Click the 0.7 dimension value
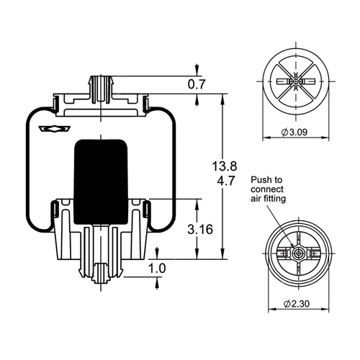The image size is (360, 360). (197, 84)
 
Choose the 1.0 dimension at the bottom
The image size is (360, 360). (157, 269)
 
